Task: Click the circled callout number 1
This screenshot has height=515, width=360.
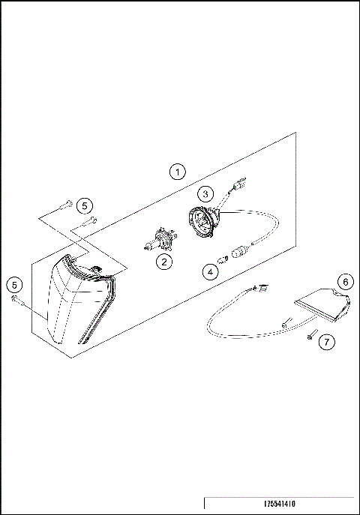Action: click(x=176, y=172)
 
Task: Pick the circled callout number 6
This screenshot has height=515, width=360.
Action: click(x=344, y=282)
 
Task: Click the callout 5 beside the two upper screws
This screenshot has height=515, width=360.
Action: click(x=85, y=205)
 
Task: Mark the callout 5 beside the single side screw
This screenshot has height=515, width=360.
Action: click(x=13, y=284)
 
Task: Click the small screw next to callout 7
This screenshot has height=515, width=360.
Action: click(x=310, y=337)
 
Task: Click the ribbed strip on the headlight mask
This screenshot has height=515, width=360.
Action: click(x=94, y=322)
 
